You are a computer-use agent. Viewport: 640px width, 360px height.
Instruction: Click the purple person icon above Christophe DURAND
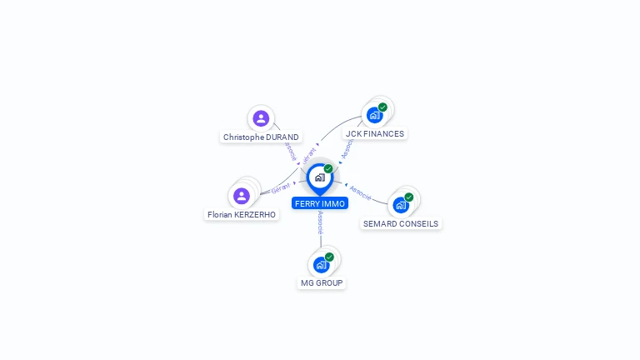click(x=261, y=118)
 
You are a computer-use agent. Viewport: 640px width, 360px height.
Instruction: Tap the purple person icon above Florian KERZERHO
click(x=242, y=196)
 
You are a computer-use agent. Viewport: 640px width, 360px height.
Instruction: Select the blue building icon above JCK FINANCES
click(x=374, y=115)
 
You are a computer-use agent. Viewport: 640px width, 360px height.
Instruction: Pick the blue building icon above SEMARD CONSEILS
click(x=401, y=205)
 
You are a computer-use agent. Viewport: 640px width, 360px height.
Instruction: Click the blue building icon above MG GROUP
click(x=321, y=265)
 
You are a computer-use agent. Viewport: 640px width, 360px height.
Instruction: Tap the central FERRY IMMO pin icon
click(x=319, y=177)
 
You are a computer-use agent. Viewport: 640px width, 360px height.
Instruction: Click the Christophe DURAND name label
click(x=261, y=137)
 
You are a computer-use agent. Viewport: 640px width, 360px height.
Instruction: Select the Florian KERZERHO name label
click(x=242, y=214)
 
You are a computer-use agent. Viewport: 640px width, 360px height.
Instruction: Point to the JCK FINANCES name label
click(x=375, y=133)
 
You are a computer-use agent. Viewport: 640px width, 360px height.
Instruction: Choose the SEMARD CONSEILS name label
click(x=401, y=223)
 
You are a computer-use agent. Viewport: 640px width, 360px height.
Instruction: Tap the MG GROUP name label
click(x=322, y=282)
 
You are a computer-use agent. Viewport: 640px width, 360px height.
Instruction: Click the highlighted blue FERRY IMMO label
click(x=320, y=203)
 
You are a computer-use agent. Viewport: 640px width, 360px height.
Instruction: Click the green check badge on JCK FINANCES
click(x=382, y=107)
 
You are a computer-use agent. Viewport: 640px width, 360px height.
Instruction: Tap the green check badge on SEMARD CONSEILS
click(x=409, y=197)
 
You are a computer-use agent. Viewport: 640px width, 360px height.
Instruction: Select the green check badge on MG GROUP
click(x=329, y=257)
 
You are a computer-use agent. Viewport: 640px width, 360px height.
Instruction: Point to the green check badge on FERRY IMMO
click(x=328, y=169)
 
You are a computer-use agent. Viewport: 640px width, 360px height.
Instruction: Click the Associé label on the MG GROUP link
click(x=321, y=222)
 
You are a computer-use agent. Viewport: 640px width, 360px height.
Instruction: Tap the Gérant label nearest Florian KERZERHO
click(x=281, y=189)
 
